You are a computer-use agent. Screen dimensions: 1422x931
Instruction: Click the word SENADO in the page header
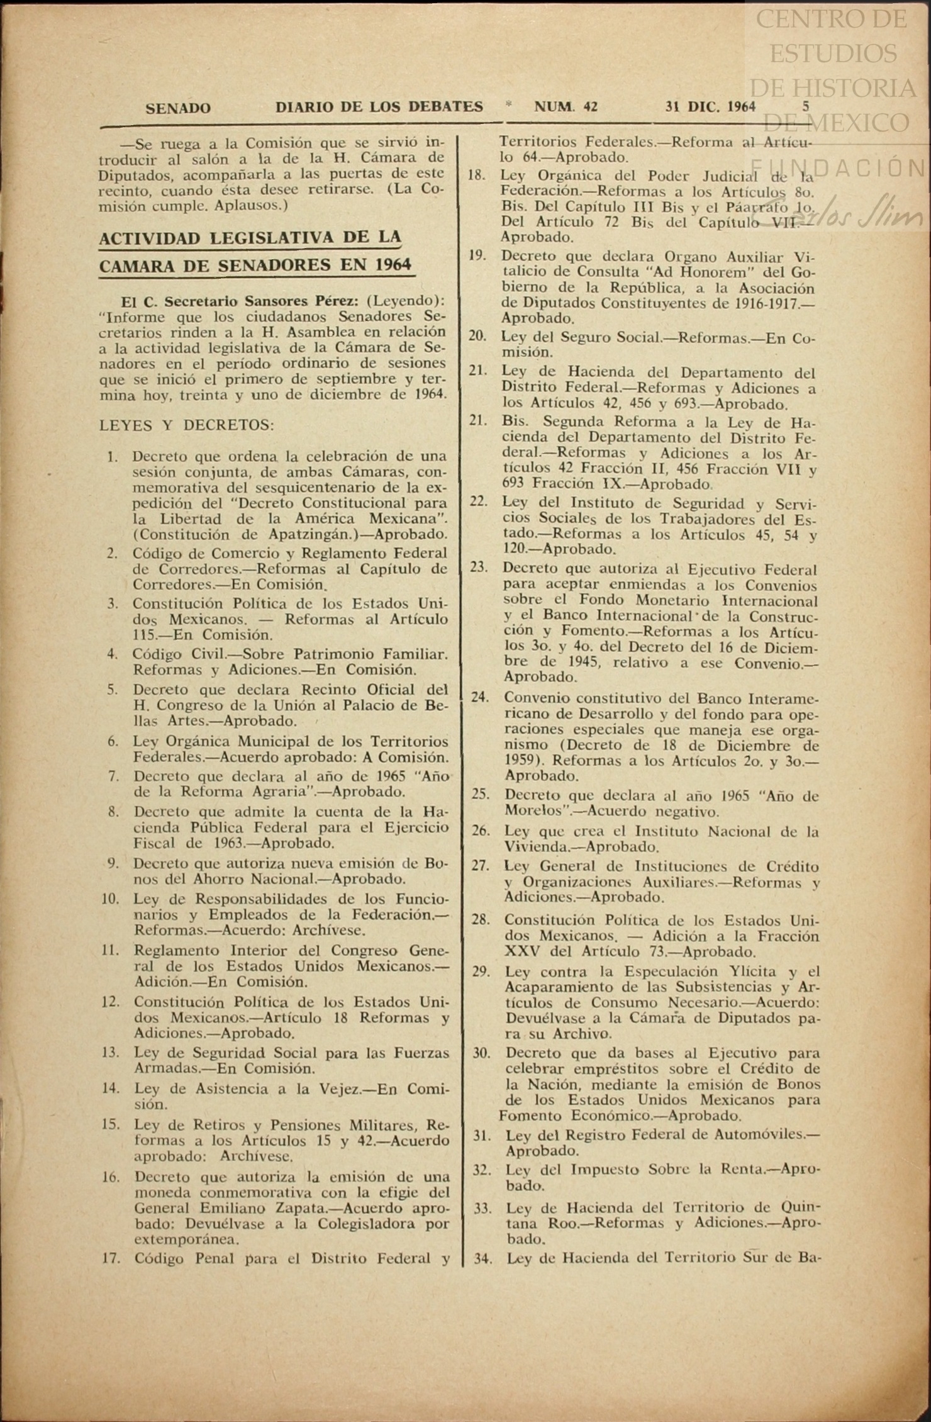click(178, 108)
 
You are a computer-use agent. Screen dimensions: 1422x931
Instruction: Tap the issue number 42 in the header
click(590, 107)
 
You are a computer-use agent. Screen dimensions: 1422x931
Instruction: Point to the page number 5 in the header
click(806, 106)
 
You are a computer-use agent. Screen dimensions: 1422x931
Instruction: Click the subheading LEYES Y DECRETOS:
click(187, 425)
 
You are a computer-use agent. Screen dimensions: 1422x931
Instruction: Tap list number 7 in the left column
click(113, 776)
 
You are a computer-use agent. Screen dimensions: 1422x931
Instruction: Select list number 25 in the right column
click(481, 794)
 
